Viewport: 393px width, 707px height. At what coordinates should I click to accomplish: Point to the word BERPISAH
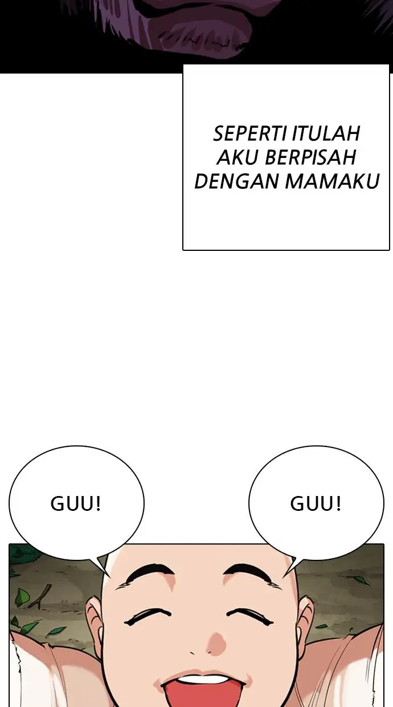pyautogui.click(x=310, y=157)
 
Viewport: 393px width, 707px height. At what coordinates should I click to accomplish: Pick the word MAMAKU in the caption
pyautogui.click(x=332, y=181)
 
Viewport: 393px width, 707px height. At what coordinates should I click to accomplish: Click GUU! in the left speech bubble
pyautogui.click(x=76, y=504)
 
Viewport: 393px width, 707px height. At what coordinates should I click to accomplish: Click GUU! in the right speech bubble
pyautogui.click(x=316, y=504)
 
